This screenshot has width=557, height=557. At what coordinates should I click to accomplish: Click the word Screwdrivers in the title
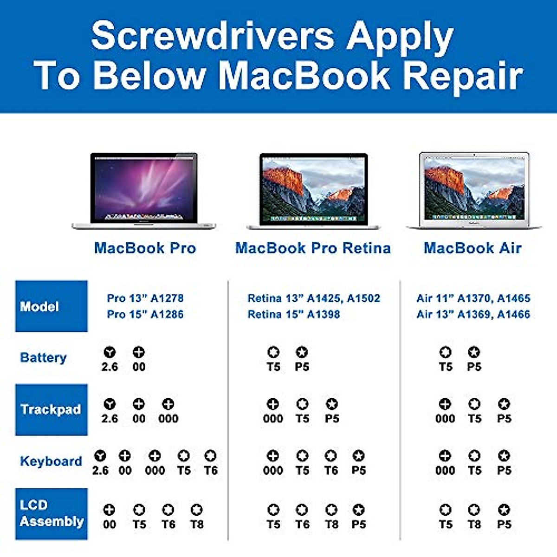tap(212, 36)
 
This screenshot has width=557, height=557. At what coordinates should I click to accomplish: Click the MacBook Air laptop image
tap(473, 190)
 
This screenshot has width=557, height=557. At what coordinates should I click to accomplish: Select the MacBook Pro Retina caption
tap(313, 248)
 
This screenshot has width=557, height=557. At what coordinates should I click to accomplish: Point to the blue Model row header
tap(51, 306)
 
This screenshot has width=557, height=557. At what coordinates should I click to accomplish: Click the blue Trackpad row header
tap(51, 409)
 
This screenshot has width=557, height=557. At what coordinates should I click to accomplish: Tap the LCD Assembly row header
tap(51, 513)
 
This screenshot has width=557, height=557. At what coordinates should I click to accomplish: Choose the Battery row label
tap(43, 357)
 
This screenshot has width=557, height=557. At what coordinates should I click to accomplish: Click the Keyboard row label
tap(51, 461)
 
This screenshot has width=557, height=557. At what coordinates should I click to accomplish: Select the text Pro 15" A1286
tap(145, 314)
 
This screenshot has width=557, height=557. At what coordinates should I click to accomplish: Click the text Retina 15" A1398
tap(293, 314)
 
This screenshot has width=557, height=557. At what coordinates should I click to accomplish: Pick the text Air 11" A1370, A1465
tap(473, 298)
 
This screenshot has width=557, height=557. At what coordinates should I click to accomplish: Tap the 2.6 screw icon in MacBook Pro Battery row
tap(110, 352)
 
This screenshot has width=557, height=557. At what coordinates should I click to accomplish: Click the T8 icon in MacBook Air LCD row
tap(474, 510)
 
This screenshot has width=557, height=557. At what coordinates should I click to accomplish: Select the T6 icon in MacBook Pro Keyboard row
tap(210, 456)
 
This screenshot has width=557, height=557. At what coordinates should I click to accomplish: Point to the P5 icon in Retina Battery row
tap(302, 352)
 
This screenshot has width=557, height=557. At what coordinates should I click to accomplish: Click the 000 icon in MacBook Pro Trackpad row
tap(168, 404)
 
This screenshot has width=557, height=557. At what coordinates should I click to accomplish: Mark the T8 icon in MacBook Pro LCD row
tap(197, 510)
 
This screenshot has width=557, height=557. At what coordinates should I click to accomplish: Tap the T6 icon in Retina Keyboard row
tap(330, 456)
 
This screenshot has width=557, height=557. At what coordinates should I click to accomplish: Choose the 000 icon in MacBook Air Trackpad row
tap(445, 404)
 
